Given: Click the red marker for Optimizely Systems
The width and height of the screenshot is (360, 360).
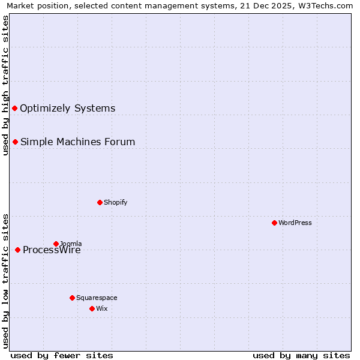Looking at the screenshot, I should (15, 108).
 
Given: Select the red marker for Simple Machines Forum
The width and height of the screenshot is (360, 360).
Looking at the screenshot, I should (16, 142).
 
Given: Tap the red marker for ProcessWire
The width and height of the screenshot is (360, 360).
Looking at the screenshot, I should (18, 250).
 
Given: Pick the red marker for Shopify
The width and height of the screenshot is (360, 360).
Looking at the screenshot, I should (100, 202).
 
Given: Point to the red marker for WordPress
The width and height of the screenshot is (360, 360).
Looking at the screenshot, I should (274, 223).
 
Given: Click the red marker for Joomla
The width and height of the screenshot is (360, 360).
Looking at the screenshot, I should (56, 244).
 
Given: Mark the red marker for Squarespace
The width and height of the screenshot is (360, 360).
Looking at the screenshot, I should (72, 298).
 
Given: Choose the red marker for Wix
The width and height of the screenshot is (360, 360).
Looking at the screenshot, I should (92, 308).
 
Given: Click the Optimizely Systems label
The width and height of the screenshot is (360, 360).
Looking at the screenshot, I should (67, 109).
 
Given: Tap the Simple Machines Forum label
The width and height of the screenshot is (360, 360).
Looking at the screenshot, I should (77, 142).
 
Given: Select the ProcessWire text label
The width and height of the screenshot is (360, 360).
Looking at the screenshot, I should (52, 250).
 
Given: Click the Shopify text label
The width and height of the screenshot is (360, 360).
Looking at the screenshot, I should (115, 202).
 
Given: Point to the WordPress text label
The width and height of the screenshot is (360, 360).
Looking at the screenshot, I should (295, 223).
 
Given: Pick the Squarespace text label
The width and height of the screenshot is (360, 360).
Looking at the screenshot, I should (97, 298).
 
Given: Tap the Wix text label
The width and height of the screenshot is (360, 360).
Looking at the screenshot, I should (101, 308).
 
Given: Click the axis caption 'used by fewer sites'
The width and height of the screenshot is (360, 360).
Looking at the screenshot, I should (62, 355).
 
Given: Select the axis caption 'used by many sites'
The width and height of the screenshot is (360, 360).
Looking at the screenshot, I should (301, 355).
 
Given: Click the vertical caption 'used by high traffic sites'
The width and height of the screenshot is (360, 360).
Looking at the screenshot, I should (5, 85).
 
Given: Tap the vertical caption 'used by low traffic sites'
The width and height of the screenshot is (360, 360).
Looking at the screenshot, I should (5, 280).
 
